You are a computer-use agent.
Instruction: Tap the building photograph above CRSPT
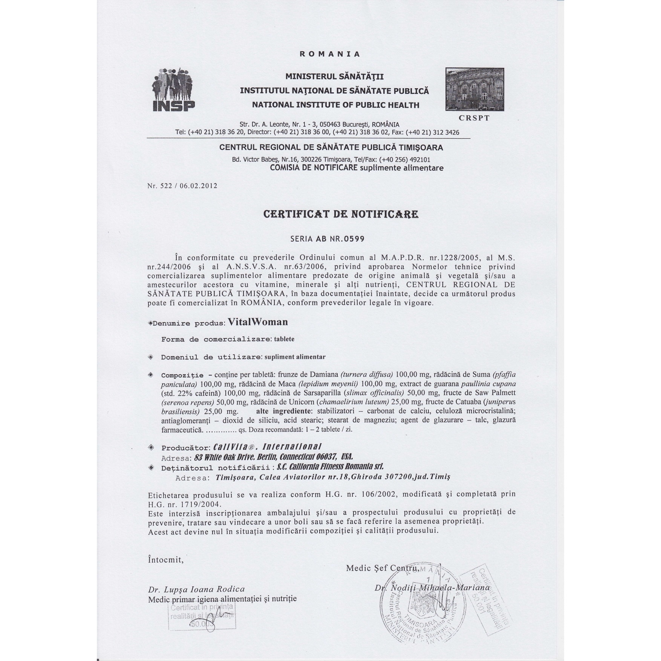[x=474, y=89]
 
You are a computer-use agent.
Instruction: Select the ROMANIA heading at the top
[x=330, y=54]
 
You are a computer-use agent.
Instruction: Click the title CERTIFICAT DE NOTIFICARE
[x=340, y=214]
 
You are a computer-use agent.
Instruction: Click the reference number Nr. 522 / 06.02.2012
[x=182, y=186]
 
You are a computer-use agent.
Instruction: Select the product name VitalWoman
[x=258, y=322]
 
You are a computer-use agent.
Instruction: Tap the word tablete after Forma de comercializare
[x=284, y=339]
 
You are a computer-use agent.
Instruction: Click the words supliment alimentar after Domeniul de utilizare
[x=295, y=357]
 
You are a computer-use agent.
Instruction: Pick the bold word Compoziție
[x=182, y=375]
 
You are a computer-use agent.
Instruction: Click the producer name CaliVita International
[x=267, y=447]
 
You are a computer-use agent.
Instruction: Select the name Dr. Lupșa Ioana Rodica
[x=196, y=589]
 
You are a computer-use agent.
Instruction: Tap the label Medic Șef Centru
[x=382, y=568]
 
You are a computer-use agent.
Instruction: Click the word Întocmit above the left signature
[x=166, y=560]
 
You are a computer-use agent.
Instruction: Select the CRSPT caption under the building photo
[x=474, y=118]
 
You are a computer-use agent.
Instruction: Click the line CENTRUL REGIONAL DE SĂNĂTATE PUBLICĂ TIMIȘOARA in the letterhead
[x=331, y=148]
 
